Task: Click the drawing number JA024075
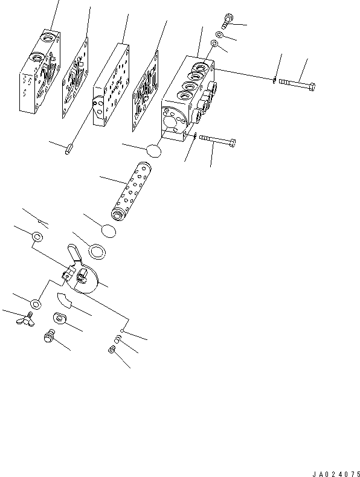(336, 474)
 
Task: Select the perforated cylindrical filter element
(132, 191)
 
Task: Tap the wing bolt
(26, 319)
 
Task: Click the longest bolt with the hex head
(297, 85)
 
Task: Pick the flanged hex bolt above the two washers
(227, 21)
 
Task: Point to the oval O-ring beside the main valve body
(153, 151)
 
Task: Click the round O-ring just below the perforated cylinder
(109, 231)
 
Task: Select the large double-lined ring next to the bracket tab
(97, 251)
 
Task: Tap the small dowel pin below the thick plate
(68, 150)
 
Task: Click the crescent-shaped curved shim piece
(64, 300)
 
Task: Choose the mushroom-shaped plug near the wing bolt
(49, 336)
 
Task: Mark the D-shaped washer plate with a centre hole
(60, 318)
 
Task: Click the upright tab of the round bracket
(74, 252)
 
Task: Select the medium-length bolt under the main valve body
(217, 141)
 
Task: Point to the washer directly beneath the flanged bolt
(219, 34)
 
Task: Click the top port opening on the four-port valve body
(201, 66)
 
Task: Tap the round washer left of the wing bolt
(36, 304)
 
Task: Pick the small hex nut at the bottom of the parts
(112, 350)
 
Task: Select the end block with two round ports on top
(40, 72)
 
